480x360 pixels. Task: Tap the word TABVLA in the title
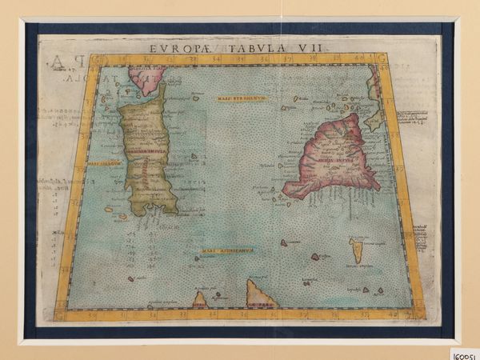(234, 47)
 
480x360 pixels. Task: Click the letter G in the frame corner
(382, 58)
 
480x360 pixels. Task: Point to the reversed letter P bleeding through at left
(55, 62)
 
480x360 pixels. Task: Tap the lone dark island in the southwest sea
(131, 279)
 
